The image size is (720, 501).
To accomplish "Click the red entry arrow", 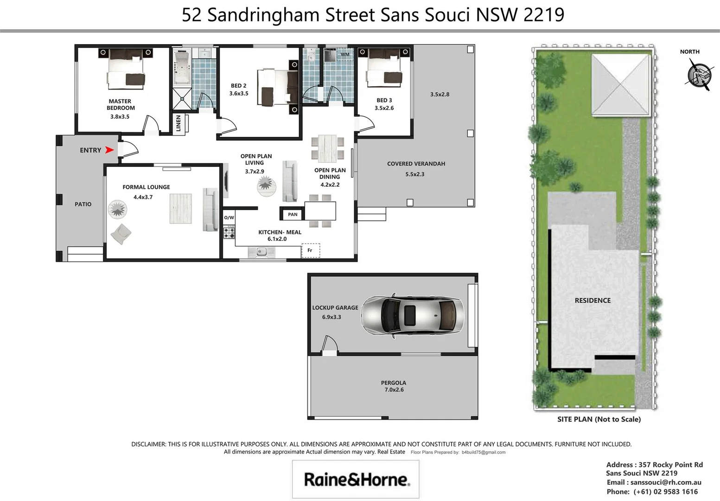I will pyautogui.click(x=109, y=150).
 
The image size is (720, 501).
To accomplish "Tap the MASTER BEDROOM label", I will pyautogui.click(x=121, y=104).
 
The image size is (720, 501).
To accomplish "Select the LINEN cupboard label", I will pyautogui.click(x=178, y=124).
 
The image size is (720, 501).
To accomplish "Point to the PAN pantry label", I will pyautogui.click(x=293, y=214).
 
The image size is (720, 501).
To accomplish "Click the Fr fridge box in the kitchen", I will pyautogui.click(x=310, y=250).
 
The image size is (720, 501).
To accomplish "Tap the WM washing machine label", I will pyautogui.click(x=345, y=54).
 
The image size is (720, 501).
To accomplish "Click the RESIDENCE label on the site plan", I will pyautogui.click(x=593, y=301).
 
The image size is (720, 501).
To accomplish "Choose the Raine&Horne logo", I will pyautogui.click(x=356, y=479).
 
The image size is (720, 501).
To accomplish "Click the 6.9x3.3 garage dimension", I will pyautogui.click(x=331, y=317).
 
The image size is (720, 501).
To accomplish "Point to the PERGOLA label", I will pyautogui.click(x=394, y=383).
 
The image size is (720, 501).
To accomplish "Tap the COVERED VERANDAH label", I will pyautogui.click(x=416, y=164).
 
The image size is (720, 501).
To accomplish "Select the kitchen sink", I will pyautogui.click(x=261, y=252).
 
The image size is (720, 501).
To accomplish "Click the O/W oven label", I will pyautogui.click(x=229, y=218).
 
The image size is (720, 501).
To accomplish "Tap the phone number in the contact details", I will pyautogui.click(x=665, y=492).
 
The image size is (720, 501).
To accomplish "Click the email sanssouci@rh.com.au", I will pyautogui.click(x=666, y=482).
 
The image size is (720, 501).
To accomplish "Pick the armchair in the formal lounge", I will pyautogui.click(x=121, y=234).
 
